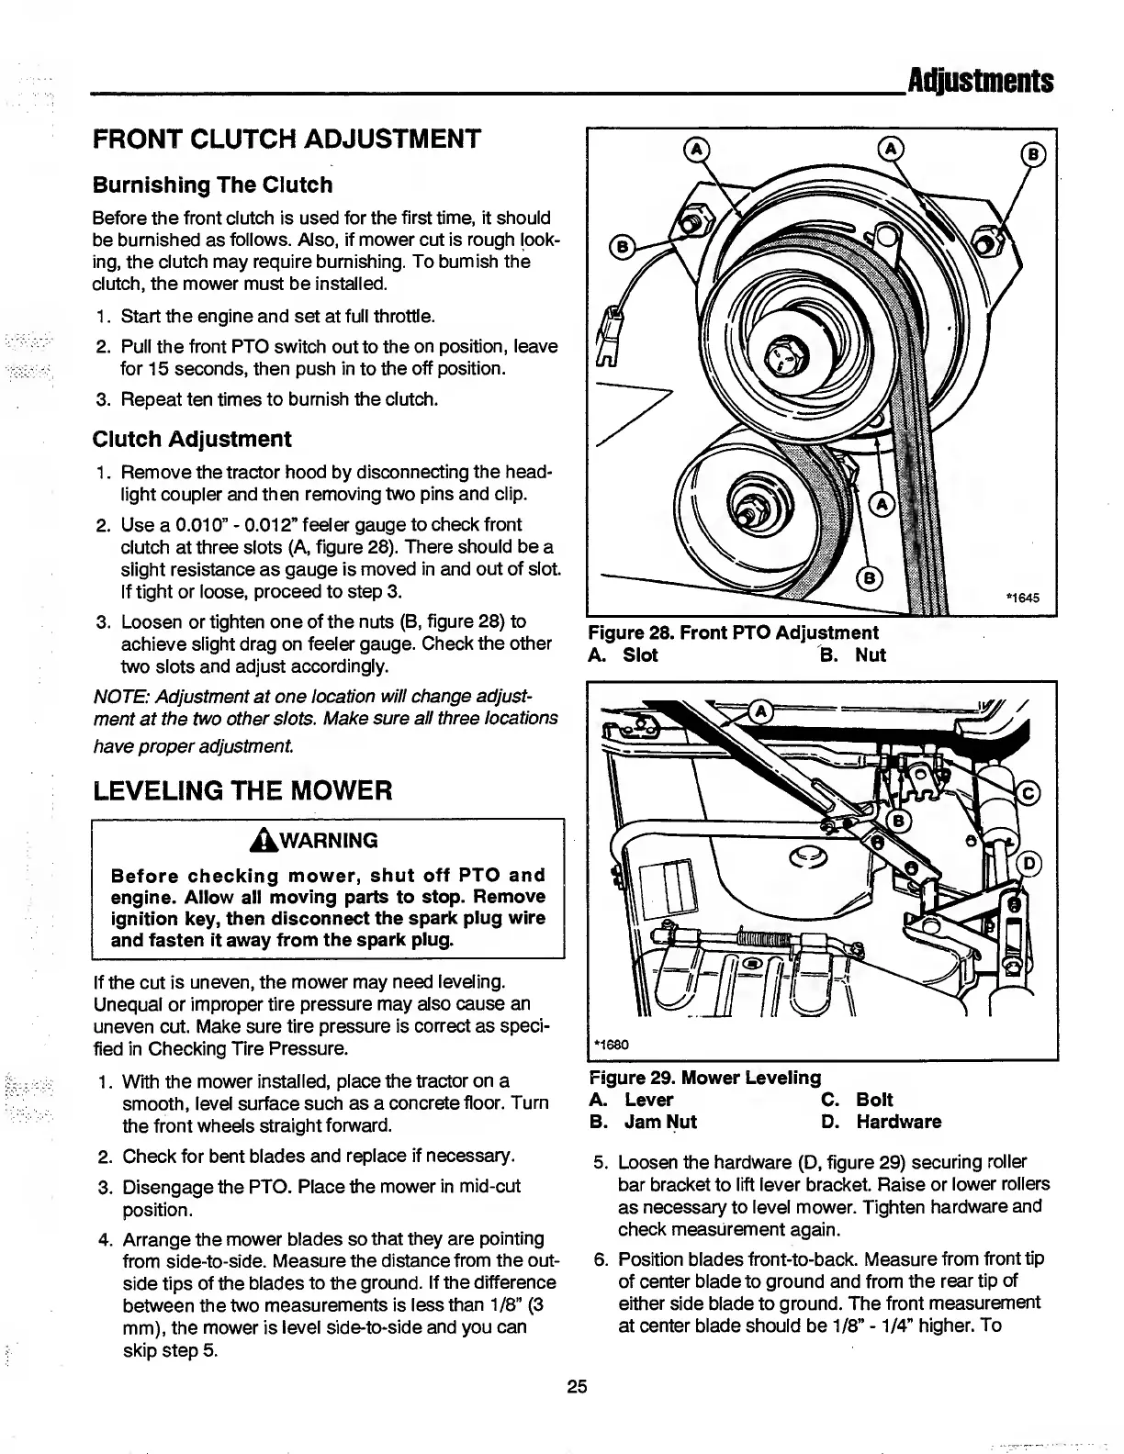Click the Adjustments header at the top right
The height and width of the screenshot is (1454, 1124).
point(979,82)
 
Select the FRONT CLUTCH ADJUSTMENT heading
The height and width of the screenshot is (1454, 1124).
point(286,140)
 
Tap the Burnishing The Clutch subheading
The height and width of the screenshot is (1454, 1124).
point(212,185)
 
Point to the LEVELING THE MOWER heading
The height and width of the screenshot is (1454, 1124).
point(242,789)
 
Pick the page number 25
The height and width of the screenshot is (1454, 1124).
point(576,1386)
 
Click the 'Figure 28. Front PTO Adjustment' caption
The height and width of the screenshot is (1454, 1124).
point(733,632)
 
